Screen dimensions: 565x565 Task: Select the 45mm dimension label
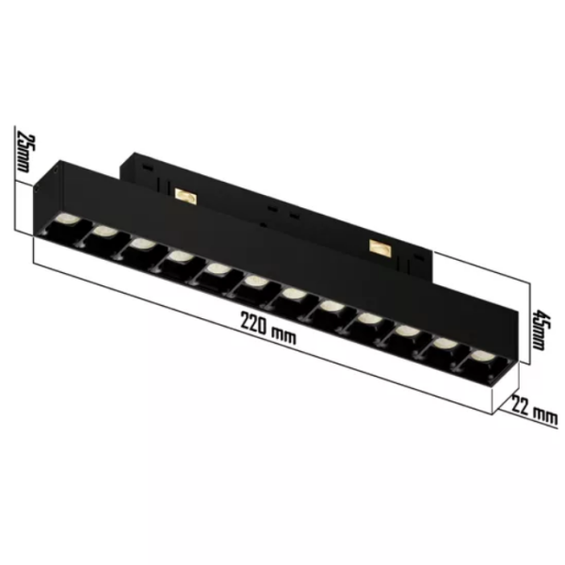(x=537, y=331)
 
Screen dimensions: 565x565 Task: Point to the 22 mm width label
(x=532, y=407)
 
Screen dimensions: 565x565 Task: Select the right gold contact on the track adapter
(x=380, y=248)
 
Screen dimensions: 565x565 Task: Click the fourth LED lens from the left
(x=179, y=256)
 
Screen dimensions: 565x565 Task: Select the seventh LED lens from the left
(x=293, y=295)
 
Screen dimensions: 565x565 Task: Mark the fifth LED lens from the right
(x=331, y=307)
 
